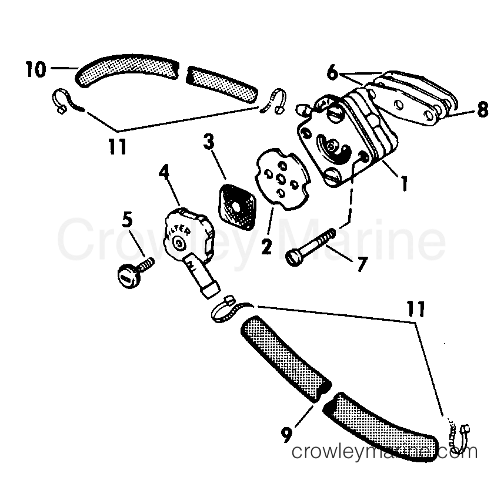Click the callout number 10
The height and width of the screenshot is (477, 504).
[35, 70]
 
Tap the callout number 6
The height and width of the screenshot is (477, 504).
[333, 73]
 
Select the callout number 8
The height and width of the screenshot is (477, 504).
[482, 110]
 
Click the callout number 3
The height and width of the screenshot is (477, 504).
[208, 142]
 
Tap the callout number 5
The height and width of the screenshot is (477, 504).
[127, 219]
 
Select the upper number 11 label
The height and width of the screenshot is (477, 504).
[117, 146]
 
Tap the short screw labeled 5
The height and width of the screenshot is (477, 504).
[133, 269]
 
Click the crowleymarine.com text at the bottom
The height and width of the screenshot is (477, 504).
[385, 452]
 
